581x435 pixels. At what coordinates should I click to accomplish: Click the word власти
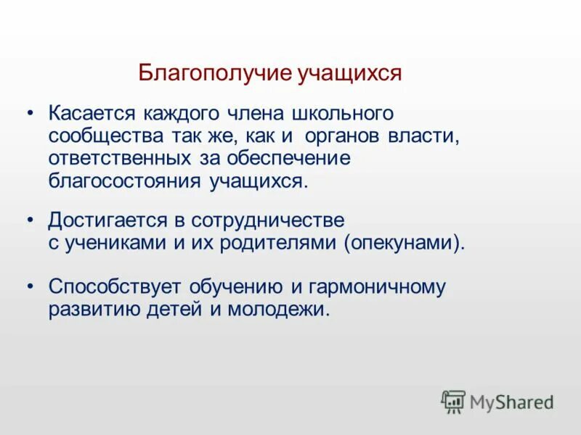tap(431, 136)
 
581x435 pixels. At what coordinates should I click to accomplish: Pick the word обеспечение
tap(288, 157)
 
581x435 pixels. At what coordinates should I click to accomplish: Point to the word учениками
tap(115, 241)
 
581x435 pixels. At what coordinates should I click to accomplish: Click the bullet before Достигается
tap(31, 220)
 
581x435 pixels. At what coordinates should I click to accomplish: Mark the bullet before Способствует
tap(31, 286)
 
